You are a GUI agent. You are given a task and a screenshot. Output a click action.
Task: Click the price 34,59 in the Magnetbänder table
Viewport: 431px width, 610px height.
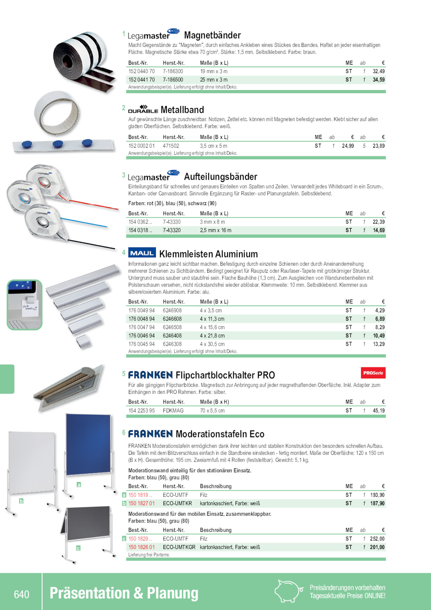click(378, 80)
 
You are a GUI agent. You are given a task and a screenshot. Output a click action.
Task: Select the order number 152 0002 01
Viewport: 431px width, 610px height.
click(142, 146)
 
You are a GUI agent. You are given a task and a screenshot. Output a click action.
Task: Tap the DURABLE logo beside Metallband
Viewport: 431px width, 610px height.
click(143, 109)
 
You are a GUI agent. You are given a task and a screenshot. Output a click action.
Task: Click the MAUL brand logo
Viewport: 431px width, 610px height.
click(142, 253)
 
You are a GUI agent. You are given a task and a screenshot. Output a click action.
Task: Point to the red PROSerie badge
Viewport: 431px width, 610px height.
click(373, 373)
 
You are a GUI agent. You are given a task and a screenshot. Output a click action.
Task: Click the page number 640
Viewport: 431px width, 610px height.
click(22, 594)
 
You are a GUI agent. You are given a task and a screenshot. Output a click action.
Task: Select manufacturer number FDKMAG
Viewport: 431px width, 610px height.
click(173, 411)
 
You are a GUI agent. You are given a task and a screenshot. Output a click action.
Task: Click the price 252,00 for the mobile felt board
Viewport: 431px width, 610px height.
click(377, 539)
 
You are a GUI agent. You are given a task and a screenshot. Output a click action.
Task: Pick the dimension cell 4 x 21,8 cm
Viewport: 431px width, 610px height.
click(212, 336)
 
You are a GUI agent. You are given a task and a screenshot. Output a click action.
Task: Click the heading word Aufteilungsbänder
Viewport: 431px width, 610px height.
click(220, 177)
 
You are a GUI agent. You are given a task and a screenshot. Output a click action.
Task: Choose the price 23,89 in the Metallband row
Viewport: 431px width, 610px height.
click(378, 146)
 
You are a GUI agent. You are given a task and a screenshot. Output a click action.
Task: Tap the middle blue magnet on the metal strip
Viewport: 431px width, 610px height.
click(58, 144)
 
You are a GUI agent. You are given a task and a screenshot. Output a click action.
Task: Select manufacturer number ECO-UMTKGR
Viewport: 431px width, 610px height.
click(179, 547)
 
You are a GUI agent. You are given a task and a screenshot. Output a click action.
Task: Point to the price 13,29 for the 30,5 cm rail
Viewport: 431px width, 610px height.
click(378, 344)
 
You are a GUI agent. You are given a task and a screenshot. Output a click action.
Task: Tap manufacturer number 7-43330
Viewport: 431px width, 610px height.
click(172, 222)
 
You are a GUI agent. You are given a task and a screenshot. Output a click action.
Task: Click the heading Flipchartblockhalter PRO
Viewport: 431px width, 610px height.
click(225, 375)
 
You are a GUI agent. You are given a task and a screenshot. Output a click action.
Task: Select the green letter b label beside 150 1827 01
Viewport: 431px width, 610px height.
click(124, 503)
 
